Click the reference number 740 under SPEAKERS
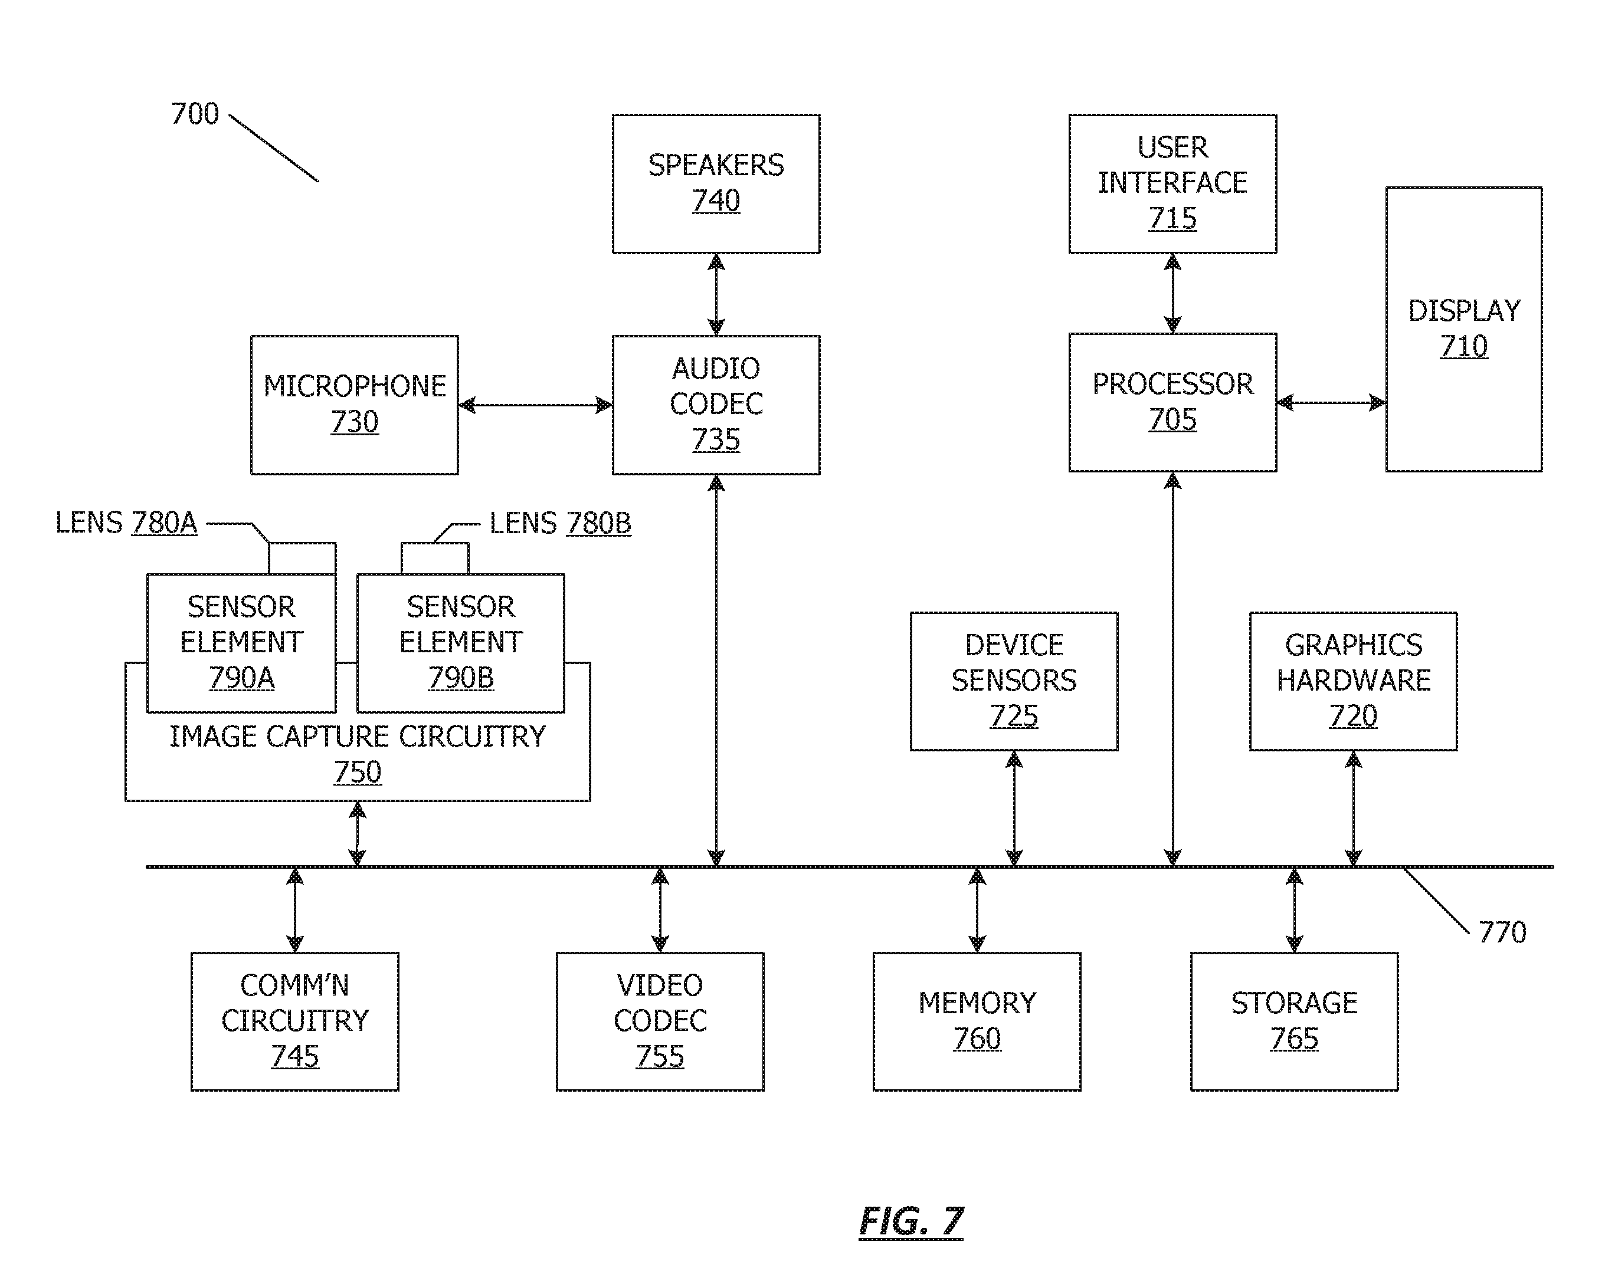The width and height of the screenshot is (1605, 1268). (x=716, y=201)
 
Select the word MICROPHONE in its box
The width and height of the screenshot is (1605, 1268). (x=354, y=386)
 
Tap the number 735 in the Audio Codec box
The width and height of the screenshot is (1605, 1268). (x=716, y=439)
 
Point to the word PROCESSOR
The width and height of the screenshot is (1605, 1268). (x=1172, y=384)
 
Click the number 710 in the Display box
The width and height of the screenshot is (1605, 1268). (x=1464, y=346)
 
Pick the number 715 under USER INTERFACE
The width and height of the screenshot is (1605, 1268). (x=1172, y=218)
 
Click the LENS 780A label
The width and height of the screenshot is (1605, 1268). (x=126, y=523)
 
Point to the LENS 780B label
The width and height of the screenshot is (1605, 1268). (x=560, y=523)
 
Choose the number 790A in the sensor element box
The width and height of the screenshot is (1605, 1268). (x=241, y=678)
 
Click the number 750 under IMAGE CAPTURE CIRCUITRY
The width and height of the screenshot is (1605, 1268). (x=357, y=773)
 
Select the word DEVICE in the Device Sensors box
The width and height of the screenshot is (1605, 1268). (x=1014, y=645)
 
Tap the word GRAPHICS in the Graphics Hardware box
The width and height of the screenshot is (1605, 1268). (x=1353, y=645)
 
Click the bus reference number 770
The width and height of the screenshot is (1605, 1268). (x=1502, y=932)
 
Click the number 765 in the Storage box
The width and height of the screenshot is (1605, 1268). (x=1294, y=1039)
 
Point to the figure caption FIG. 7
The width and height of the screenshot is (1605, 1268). (x=911, y=1221)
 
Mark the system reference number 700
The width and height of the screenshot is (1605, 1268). (x=195, y=114)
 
